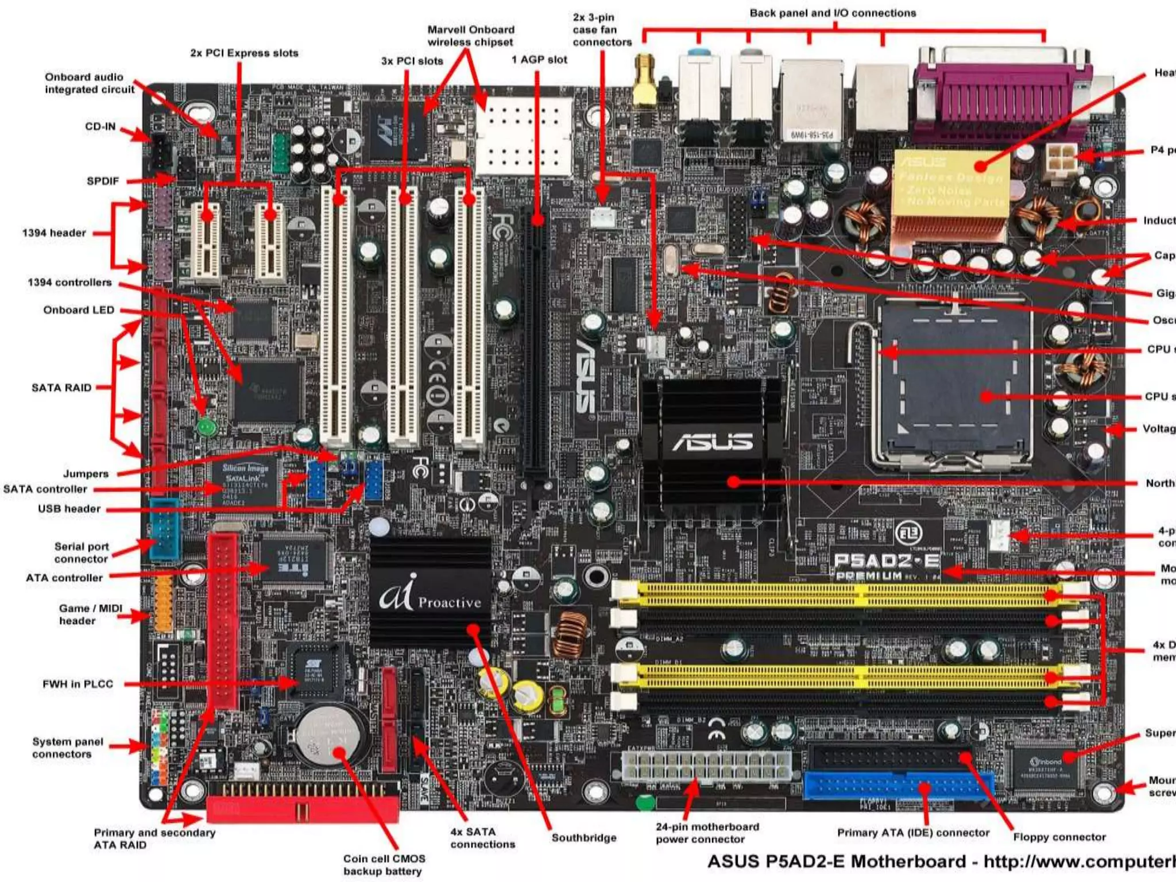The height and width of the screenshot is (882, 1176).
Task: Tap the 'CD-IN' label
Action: coord(100,126)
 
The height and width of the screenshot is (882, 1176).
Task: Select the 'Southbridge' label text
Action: coord(584,838)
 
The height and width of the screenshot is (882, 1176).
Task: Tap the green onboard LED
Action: coord(206,427)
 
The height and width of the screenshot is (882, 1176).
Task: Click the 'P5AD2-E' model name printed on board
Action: coord(887,560)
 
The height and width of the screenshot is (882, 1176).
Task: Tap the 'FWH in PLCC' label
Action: coord(78,684)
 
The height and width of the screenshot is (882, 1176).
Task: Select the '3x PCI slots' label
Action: coord(412,61)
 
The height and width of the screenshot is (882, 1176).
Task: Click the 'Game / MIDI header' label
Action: coord(90,614)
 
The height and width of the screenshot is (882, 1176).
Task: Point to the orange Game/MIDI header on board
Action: coord(163,603)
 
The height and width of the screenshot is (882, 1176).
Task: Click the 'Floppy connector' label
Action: coord(1059,837)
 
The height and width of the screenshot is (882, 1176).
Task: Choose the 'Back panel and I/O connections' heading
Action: coord(833,13)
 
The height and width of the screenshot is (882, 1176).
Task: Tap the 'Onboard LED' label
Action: coord(79,310)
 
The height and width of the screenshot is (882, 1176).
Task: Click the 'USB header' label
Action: coord(69,509)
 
